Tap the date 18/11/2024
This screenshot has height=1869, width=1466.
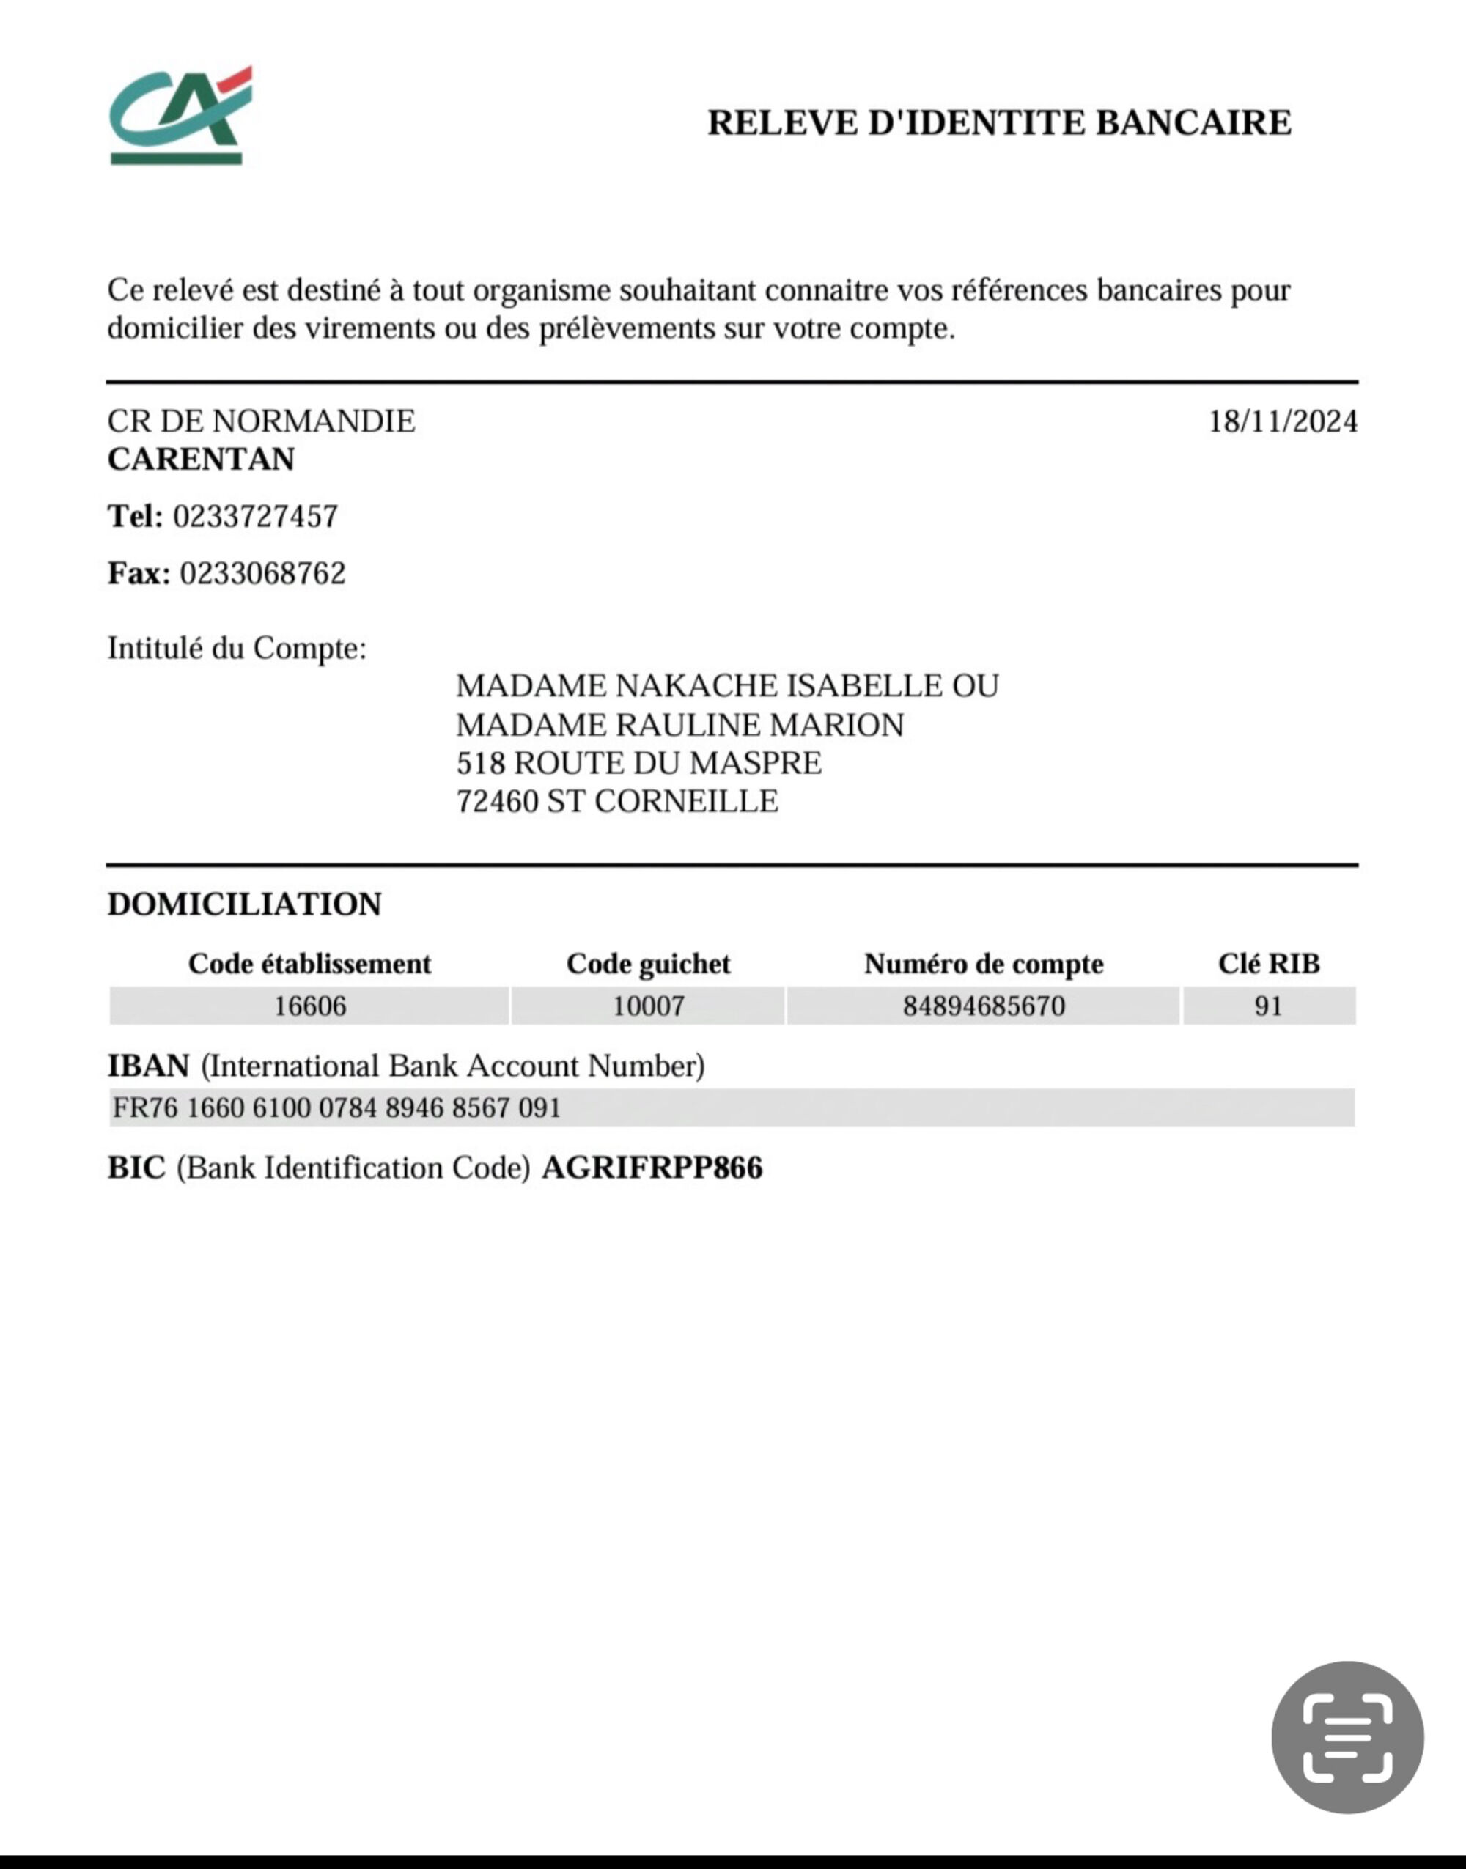(1282, 421)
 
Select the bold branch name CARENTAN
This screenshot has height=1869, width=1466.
(201, 459)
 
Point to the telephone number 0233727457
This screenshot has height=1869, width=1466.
(256, 517)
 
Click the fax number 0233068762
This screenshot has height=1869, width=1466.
(262, 573)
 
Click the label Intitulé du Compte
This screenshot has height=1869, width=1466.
(236, 648)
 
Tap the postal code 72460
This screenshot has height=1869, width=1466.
(497, 802)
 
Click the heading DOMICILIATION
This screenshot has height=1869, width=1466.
(245, 904)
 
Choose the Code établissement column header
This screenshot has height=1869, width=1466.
(309, 964)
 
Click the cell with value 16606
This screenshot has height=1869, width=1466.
(310, 1006)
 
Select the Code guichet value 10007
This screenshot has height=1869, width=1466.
(648, 1006)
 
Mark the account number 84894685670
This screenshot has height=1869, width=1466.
(984, 1006)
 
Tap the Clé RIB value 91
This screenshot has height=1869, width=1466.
(1269, 1006)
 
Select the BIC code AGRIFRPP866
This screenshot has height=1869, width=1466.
(652, 1168)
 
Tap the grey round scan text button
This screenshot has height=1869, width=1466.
(1347, 1738)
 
